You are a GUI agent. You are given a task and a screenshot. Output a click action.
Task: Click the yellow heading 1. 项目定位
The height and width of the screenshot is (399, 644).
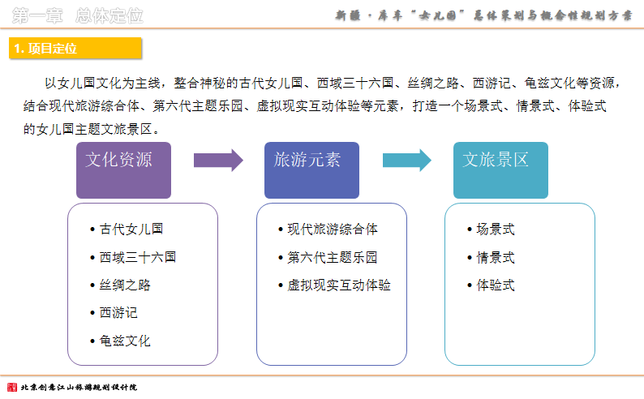pyautogui.click(x=75, y=49)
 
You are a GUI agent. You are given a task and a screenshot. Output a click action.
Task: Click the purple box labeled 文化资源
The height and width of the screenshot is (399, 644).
pyautogui.click(x=123, y=170)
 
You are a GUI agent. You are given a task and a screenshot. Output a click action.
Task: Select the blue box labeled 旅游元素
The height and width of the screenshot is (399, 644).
pyautogui.click(x=311, y=170)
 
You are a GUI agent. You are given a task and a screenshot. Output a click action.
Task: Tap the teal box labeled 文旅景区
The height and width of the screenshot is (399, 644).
pyautogui.click(x=500, y=170)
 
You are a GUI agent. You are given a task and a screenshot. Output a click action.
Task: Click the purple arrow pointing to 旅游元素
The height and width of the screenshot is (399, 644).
pyautogui.click(x=218, y=160)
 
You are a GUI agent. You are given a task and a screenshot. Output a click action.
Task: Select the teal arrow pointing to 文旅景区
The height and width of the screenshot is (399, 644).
pyautogui.click(x=407, y=160)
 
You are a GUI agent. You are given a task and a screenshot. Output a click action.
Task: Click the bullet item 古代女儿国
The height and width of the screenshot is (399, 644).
pyautogui.click(x=127, y=229)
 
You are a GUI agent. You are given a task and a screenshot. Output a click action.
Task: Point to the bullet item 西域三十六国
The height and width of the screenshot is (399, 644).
pyautogui.click(x=134, y=257)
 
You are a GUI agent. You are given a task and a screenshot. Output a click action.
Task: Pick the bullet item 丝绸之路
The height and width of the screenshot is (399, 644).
pyautogui.click(x=120, y=285)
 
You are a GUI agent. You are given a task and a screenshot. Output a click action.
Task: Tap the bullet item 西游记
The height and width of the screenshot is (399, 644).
pyautogui.click(x=114, y=313)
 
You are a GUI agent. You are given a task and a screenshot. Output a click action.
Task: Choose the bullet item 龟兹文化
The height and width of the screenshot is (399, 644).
pyautogui.click(x=120, y=341)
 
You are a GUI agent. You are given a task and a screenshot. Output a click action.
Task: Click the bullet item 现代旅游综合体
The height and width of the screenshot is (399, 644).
pyautogui.click(x=328, y=229)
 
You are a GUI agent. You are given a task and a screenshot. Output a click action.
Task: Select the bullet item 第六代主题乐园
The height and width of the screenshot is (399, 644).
pyautogui.click(x=328, y=257)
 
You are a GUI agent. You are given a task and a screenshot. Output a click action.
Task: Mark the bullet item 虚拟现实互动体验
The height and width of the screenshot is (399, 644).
pyautogui.click(x=335, y=285)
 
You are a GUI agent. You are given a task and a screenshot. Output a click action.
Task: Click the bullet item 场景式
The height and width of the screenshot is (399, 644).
pyautogui.click(x=492, y=229)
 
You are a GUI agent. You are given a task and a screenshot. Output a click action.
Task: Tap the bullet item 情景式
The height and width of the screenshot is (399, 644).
pyautogui.click(x=492, y=257)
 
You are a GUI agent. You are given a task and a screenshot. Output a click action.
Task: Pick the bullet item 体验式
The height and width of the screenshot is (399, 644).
pyautogui.click(x=492, y=285)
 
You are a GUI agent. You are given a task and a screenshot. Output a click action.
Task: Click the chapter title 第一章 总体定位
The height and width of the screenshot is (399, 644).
pyautogui.click(x=78, y=15)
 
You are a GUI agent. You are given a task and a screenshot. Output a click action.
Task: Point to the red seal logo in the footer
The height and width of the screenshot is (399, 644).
pyautogui.click(x=12, y=387)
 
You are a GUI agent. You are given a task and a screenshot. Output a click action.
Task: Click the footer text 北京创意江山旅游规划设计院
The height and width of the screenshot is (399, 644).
pyautogui.click(x=79, y=387)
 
